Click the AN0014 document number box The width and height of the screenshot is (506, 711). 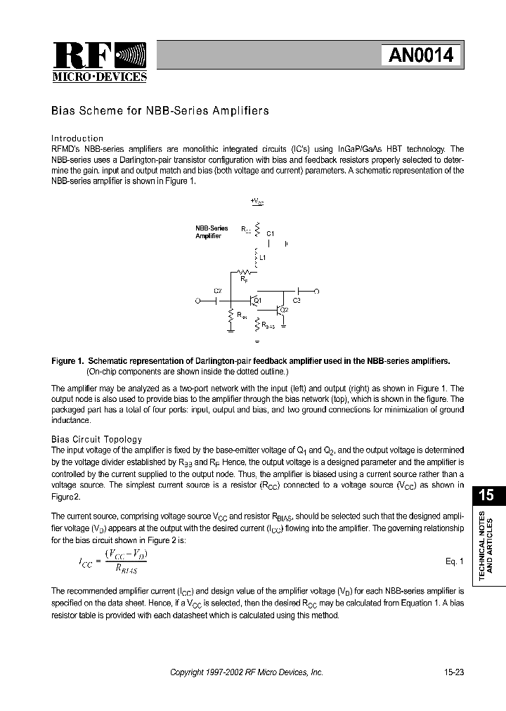pos(421,56)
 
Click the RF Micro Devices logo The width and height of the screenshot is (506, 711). pos(99,63)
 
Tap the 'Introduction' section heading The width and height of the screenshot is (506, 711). pos(77,138)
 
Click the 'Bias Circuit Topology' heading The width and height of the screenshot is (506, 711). pos(97,439)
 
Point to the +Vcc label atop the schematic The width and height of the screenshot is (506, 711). pos(257,201)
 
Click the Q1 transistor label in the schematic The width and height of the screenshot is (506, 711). pos(257,301)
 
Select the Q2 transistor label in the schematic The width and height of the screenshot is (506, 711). pos(283,310)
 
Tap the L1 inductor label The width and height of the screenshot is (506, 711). pos(263,258)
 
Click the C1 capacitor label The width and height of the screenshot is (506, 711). pos(271,233)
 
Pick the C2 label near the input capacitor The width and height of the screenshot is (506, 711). pos(217,290)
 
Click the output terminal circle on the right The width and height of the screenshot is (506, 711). pos(316,290)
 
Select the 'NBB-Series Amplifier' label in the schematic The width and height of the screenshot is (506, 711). pos(212,232)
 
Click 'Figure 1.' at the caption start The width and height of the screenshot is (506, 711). pos(68,361)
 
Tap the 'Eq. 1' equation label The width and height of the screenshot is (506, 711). pos(454,561)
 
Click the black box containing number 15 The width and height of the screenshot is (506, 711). pos(486,495)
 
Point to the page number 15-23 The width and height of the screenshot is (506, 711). pos(453,672)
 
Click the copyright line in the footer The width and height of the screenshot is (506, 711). pos(247,672)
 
